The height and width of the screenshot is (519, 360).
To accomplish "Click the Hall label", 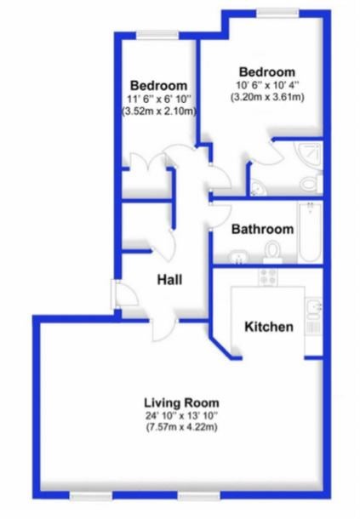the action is (x=169, y=280).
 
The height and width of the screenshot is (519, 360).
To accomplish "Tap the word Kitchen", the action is (x=269, y=327).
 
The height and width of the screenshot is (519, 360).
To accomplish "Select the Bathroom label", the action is (x=263, y=229).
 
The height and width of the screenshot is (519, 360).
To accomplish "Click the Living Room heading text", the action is (x=181, y=402).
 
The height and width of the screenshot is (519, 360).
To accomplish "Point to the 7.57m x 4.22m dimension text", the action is (x=181, y=427).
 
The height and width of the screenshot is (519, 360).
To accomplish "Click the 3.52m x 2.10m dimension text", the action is (x=159, y=111).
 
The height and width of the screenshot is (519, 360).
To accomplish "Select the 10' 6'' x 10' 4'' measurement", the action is (x=267, y=85).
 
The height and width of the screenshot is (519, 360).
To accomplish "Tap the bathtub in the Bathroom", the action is (x=310, y=232).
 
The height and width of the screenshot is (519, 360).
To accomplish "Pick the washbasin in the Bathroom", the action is (x=238, y=257).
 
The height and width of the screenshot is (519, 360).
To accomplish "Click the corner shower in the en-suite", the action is (x=309, y=155).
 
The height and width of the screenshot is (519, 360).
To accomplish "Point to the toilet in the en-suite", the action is (x=311, y=183).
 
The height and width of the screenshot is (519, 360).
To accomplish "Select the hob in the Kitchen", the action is (x=268, y=277).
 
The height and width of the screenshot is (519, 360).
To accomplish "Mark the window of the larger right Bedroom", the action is (x=277, y=12).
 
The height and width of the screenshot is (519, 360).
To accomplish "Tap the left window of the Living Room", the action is (x=91, y=495).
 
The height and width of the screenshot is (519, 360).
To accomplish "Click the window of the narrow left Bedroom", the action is (x=157, y=35).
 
